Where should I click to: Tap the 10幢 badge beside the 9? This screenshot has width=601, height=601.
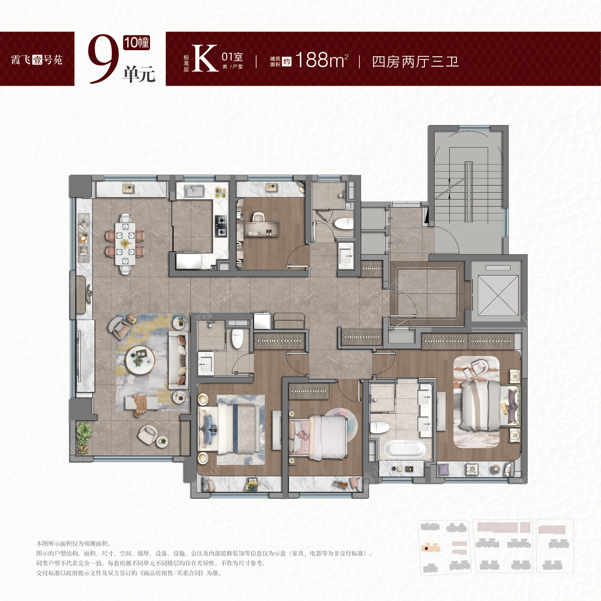(136, 43)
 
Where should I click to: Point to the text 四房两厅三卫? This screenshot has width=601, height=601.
(415, 62)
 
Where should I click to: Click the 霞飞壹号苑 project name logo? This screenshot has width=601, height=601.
(37, 60)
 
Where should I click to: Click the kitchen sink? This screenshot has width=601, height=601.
(194, 191)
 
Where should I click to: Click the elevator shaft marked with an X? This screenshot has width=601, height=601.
(498, 295)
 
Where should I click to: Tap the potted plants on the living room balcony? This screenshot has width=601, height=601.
(83, 437)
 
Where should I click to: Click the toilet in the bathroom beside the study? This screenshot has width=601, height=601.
(344, 224)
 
